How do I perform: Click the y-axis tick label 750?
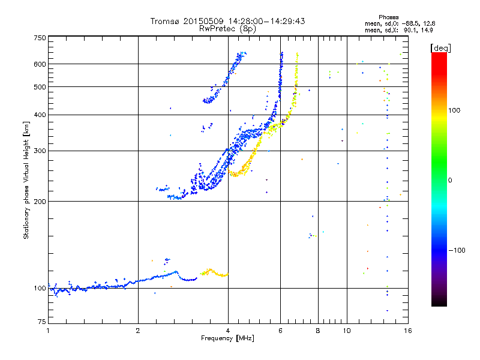pyautogui.click(x=40, y=38)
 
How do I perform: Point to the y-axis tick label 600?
pyautogui.click(x=40, y=64)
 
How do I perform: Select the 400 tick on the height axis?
pyautogui.click(x=40, y=115)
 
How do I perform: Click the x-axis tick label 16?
pyautogui.click(x=407, y=331)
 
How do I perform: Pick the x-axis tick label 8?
pyautogui.click(x=318, y=331)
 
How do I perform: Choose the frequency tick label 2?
pyautogui.click(x=138, y=331)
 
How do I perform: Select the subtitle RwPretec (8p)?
pyautogui.click(x=227, y=28)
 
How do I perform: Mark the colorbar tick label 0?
pyautogui.click(x=451, y=180)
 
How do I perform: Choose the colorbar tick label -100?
pyautogui.click(x=458, y=250)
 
